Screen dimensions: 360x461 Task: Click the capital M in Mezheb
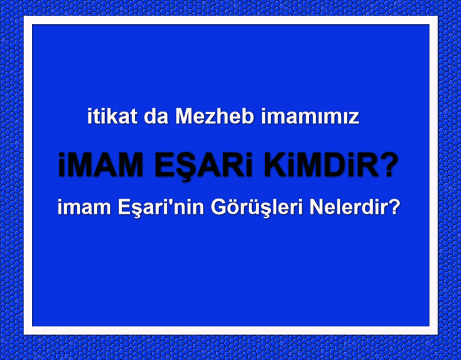point(183,116)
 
